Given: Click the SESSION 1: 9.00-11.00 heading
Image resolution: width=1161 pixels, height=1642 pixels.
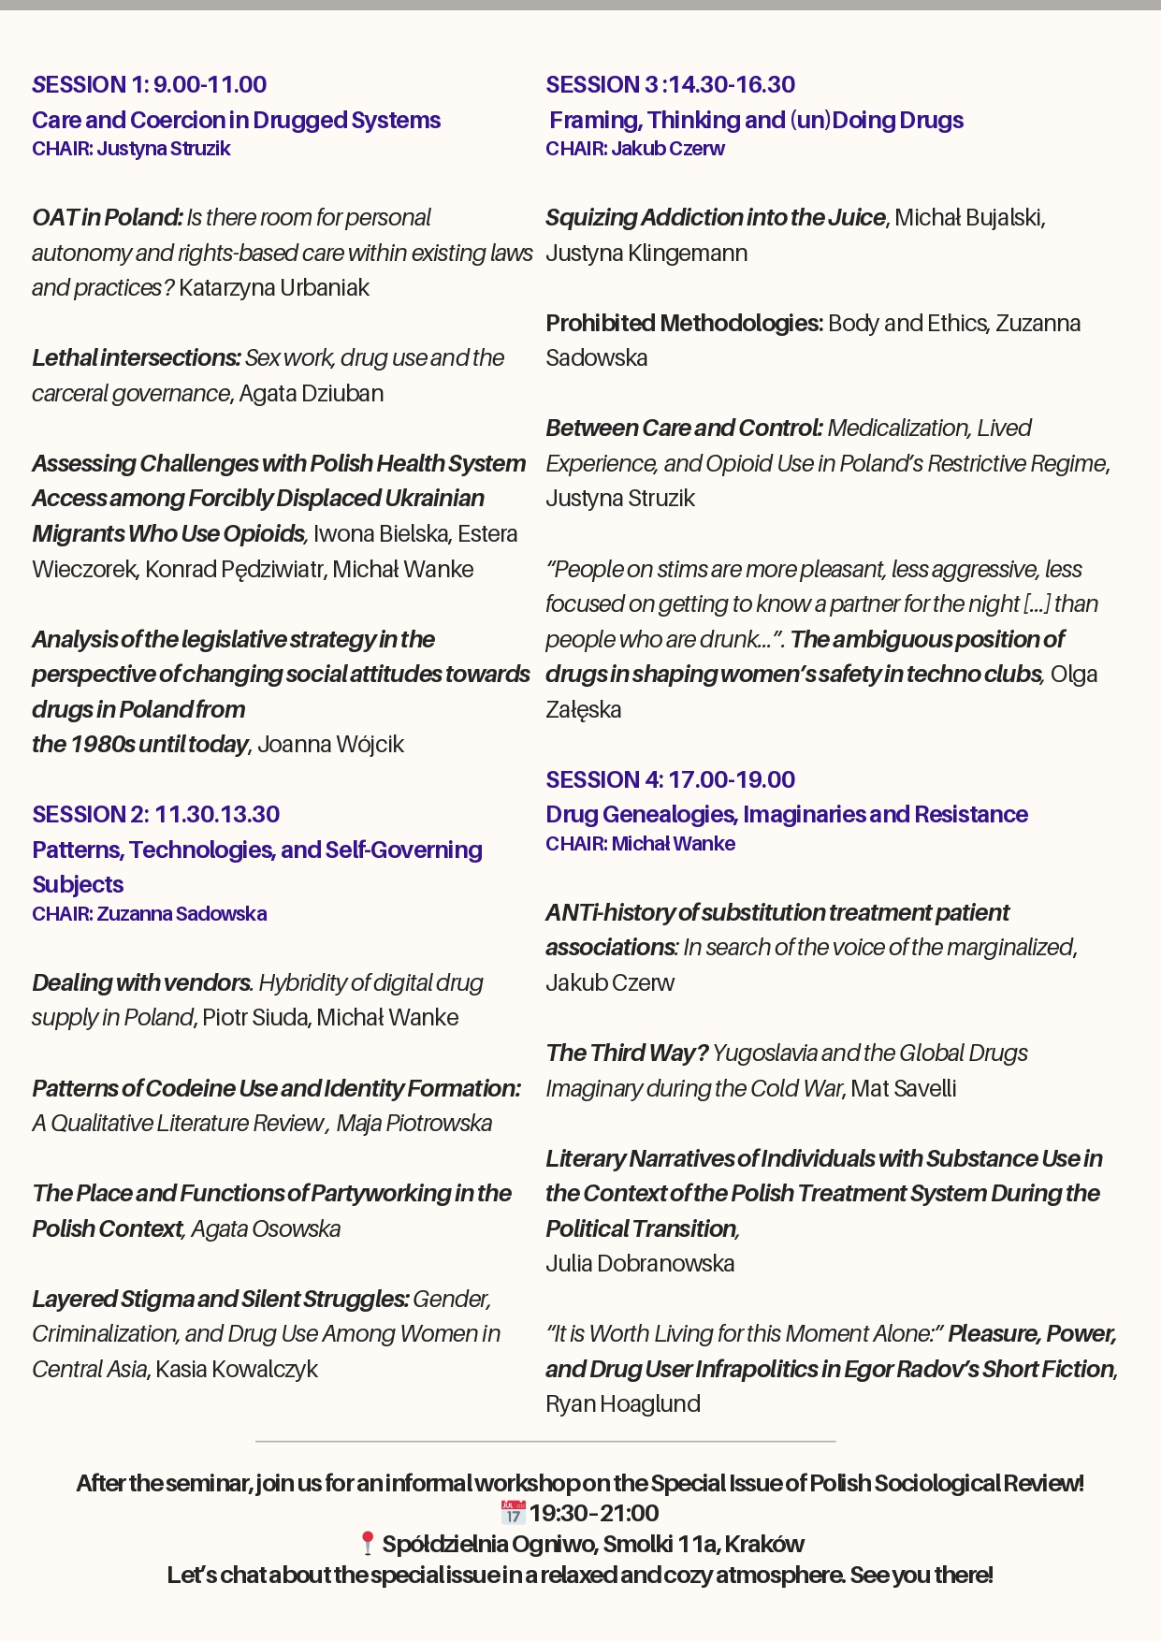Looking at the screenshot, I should coord(150,85).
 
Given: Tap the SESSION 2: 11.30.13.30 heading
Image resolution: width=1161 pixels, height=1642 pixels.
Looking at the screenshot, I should coord(156,815).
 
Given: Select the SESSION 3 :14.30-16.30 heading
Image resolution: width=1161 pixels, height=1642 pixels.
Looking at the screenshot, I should coord(670,85).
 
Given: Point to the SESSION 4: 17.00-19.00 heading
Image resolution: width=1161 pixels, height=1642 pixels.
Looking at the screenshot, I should coord(670,780).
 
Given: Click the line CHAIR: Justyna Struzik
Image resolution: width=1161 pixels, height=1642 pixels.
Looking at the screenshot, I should coord(131,149).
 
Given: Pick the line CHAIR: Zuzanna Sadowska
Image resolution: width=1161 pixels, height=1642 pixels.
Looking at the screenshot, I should coord(150,914).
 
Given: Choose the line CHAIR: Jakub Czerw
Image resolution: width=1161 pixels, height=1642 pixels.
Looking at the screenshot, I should coord(635,149).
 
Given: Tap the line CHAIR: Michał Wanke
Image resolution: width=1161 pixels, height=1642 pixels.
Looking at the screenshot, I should coord(640,844).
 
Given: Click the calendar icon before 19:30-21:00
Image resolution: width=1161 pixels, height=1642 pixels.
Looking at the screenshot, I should coord(513,1513).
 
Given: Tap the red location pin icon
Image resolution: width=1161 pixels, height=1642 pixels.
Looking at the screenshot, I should coord(368,1544).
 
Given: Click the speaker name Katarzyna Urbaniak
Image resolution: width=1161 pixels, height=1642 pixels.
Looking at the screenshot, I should coord(274,288).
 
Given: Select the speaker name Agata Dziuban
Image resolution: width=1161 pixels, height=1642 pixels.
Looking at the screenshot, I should coord(312,394).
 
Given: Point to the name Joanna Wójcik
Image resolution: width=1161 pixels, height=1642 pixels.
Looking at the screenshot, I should coord(331,745).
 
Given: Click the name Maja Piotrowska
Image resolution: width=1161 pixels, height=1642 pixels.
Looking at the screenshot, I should coord(414,1124).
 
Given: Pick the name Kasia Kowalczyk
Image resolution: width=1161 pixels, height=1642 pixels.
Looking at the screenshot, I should coord(237,1370).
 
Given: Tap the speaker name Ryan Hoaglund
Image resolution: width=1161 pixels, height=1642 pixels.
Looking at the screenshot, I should coord(623,1404).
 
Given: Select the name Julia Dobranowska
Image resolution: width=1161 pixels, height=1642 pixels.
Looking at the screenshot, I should coord(640,1264).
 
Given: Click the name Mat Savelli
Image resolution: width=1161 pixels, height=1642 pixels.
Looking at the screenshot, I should coord(904,1089).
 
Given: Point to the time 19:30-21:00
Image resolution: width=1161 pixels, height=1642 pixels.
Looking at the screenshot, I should coord(594,1513).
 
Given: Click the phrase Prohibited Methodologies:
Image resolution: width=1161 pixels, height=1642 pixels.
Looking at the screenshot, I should coord(684,324).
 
